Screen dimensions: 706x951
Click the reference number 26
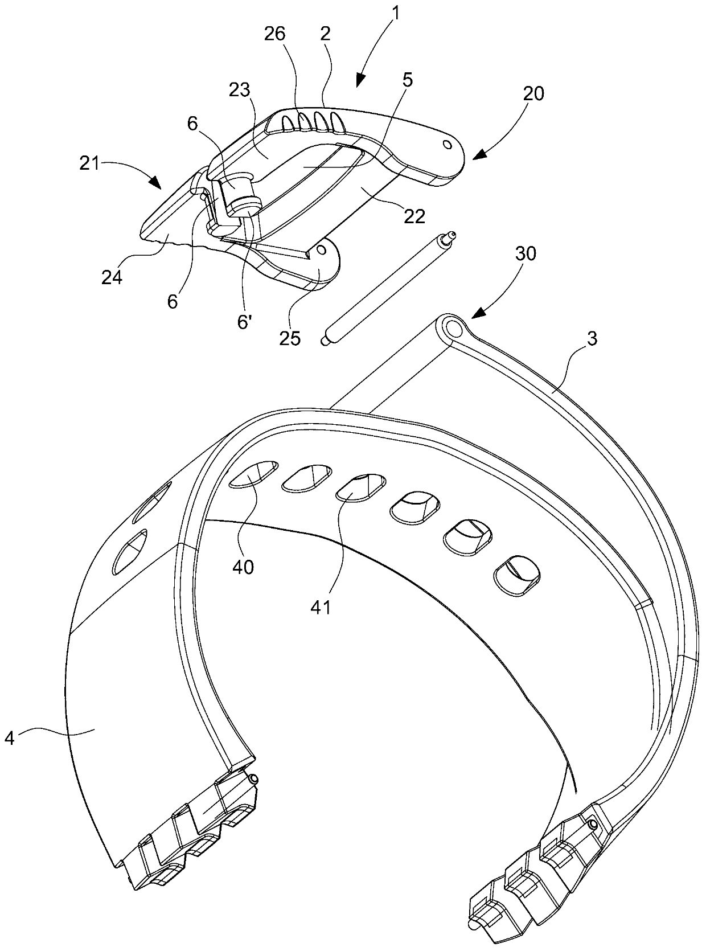[275, 34]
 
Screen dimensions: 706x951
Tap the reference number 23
[240, 91]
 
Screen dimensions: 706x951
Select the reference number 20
[533, 93]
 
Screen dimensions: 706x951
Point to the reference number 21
[89, 163]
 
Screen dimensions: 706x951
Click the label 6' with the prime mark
[245, 322]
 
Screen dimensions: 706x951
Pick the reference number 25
[290, 338]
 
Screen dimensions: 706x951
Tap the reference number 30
[525, 254]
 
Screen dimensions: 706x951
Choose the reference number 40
[243, 567]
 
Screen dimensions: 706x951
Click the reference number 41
[321, 607]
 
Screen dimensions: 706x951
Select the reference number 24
[112, 278]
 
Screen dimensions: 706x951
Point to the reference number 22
[414, 216]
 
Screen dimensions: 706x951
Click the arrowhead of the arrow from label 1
[360, 81]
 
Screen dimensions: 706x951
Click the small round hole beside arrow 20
[447, 144]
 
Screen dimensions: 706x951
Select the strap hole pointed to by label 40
[254, 474]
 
